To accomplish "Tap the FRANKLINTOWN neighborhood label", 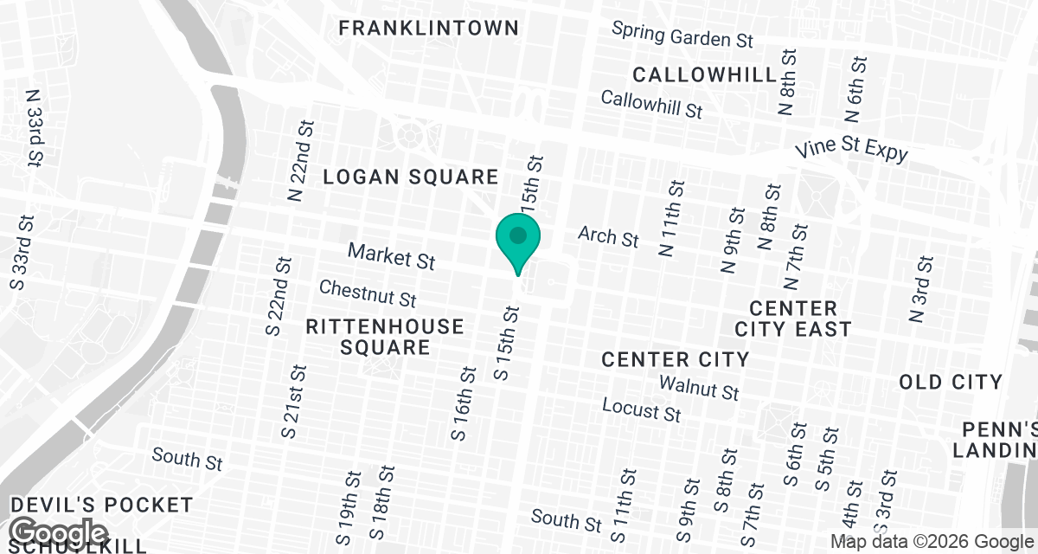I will pos(428,28).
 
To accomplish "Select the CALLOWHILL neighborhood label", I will pos(705,74).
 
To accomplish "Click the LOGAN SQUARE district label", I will pos(411,177).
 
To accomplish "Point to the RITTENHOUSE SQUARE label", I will pos(385,337).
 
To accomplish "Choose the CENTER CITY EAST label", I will pos(793,319).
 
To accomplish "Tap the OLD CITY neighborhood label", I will pos(951,382).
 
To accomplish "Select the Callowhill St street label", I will pos(651,105).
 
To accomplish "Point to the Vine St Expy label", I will pos(852,149).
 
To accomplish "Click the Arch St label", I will pos(608,235).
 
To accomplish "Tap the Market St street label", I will pos(391,255).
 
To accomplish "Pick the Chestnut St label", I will pos(368,293).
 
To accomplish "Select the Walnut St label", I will pos(699,387).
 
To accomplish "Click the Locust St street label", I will pos(642,409).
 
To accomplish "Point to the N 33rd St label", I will pos(35,126).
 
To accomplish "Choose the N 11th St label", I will pos(671,218).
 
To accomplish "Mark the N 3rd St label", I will pos(921,289).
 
